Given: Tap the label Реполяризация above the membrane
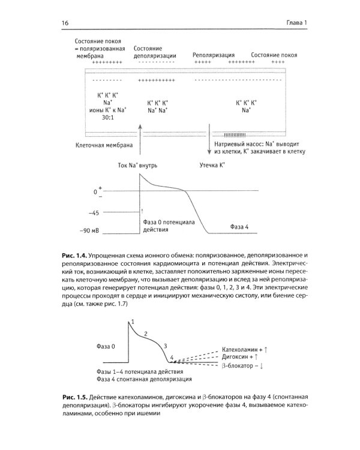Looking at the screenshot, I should pos(213,55).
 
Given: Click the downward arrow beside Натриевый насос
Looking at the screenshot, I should pos(210,139).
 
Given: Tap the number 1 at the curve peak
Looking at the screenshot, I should pos(132,323).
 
